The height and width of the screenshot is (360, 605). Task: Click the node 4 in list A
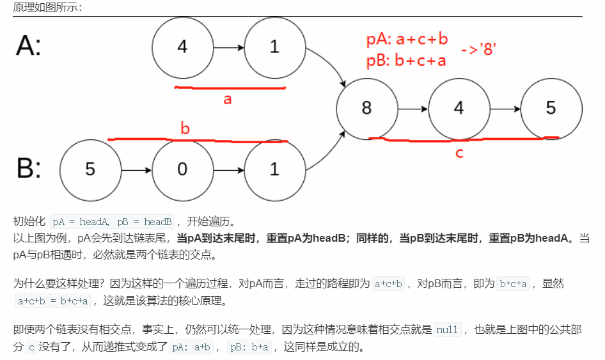[x=182, y=47]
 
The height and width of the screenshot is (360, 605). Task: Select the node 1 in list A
[x=274, y=47]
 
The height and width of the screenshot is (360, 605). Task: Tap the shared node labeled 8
[x=366, y=108]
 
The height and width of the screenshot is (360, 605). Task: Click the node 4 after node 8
[x=459, y=108]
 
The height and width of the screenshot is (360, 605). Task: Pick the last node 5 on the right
[x=551, y=108]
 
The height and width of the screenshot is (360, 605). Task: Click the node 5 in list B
[x=90, y=169]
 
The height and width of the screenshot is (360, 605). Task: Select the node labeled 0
[x=182, y=169]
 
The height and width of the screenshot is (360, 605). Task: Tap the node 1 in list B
[x=274, y=169]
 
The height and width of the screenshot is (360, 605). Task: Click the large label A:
[x=29, y=46]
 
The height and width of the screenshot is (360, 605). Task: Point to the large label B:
[x=29, y=169]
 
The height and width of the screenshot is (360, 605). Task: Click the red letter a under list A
[x=227, y=99]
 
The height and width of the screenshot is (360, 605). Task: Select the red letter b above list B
[x=185, y=129]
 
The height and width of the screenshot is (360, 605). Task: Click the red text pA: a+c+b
[x=407, y=40]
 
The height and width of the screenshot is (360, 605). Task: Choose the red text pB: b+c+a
[x=406, y=61]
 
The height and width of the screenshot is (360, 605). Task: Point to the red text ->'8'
[x=479, y=49]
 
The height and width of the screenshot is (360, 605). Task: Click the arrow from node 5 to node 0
[x=136, y=170]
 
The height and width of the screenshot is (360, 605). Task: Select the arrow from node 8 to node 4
[x=412, y=109]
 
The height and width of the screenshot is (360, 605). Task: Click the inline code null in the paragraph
[x=447, y=331]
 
